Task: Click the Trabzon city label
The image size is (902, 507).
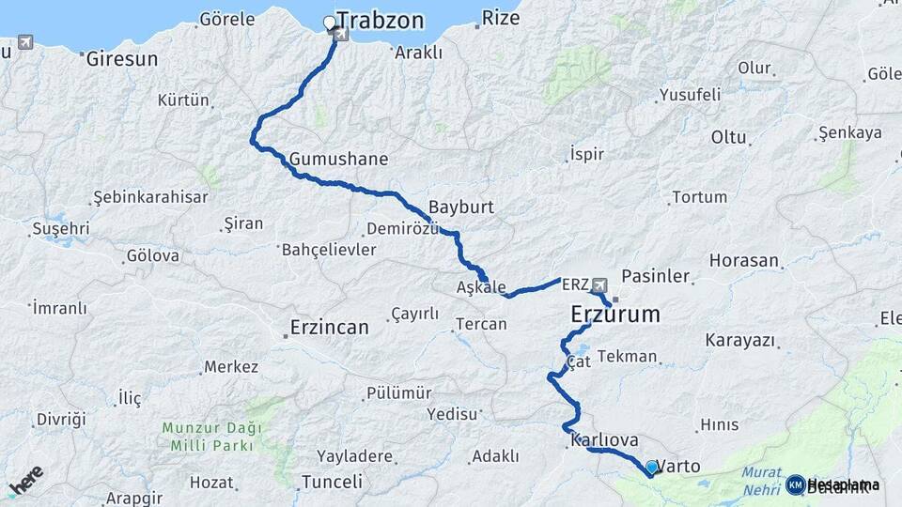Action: point(381,21)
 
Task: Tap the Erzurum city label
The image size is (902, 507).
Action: point(615,315)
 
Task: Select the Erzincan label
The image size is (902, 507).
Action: point(328,327)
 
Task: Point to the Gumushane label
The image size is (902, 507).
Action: point(338,159)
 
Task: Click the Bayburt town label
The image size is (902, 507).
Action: point(460,207)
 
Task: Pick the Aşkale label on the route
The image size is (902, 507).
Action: point(481,287)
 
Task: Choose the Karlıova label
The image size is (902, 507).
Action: point(603,439)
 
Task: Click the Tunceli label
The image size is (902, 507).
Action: point(332,482)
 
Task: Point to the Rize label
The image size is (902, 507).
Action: point(500,18)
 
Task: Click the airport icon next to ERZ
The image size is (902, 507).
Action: point(599,284)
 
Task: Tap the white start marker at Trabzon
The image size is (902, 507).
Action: point(329,22)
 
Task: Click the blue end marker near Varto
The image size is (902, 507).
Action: point(651,468)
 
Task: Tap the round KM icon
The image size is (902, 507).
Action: point(795,484)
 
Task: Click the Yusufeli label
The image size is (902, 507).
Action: point(690,94)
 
